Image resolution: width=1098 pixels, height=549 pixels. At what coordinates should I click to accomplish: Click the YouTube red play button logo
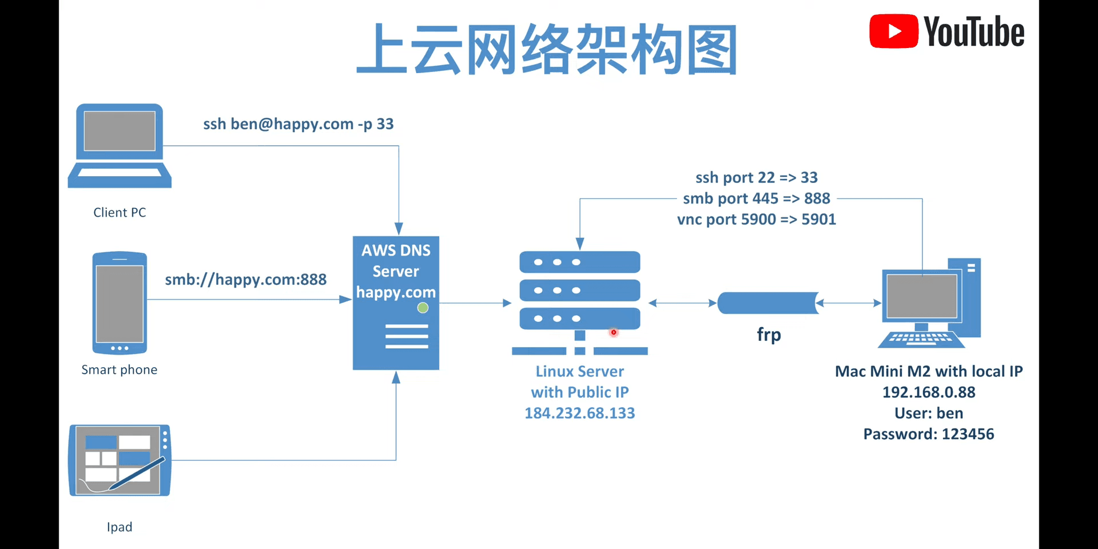tap(893, 31)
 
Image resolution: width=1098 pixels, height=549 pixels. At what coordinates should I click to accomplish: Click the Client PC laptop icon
tap(120, 145)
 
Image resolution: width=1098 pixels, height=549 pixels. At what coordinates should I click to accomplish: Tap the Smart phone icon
tap(120, 303)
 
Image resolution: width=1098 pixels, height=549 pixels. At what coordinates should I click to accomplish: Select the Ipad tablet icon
tap(120, 460)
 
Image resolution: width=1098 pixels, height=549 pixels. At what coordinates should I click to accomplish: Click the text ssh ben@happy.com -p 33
tap(298, 124)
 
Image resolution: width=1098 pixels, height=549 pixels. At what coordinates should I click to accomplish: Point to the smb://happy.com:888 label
tap(245, 280)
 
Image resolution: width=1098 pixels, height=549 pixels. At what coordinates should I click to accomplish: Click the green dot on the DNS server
tap(423, 308)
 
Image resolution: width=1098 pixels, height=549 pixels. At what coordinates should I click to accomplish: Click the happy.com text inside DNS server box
tap(396, 293)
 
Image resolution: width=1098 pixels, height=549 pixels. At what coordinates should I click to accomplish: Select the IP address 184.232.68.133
tap(579, 413)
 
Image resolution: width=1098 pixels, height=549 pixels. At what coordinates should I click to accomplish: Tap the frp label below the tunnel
tap(769, 335)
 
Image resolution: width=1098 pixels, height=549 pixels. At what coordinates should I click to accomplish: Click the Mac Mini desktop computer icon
tap(929, 303)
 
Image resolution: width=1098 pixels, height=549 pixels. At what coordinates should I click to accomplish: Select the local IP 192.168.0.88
tap(928, 392)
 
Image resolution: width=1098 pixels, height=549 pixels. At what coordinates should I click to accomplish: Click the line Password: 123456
tap(928, 434)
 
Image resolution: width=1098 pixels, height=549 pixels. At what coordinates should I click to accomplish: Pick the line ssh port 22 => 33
tap(756, 178)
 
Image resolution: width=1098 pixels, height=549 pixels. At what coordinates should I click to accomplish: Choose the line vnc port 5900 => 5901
tap(756, 220)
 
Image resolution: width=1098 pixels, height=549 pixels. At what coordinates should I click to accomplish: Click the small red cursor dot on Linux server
tap(614, 332)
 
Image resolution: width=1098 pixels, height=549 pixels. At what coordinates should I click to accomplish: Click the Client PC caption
tap(120, 213)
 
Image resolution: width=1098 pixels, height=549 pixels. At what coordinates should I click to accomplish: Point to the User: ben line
tap(928, 413)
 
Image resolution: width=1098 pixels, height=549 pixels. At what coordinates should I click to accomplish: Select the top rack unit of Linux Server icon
tap(579, 262)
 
